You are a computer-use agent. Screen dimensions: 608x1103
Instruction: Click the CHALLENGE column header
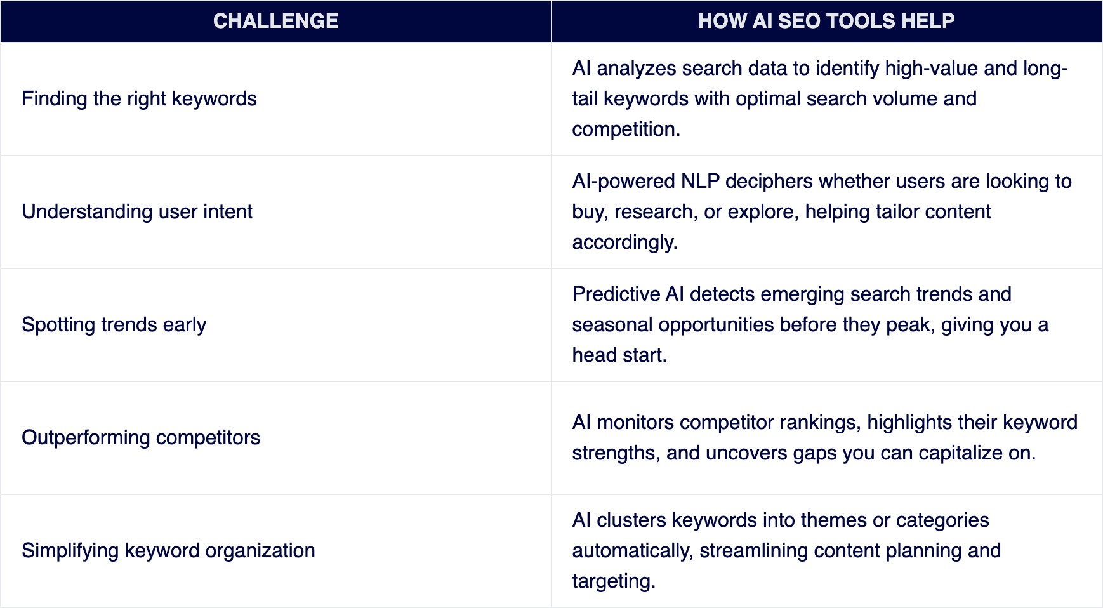[x=275, y=21]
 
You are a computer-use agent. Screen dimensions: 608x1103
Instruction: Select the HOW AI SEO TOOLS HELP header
[x=826, y=21]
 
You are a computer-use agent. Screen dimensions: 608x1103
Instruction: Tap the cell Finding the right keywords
[x=139, y=99]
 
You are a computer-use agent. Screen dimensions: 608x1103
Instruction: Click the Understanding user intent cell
[x=137, y=212]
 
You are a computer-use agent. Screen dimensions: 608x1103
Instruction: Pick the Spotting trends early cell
[x=114, y=325]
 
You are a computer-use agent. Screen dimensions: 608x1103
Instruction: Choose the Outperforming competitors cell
[x=141, y=438]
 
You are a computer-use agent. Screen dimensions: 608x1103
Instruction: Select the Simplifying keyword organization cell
[x=168, y=551]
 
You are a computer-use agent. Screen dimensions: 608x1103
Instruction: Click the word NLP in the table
[x=700, y=182]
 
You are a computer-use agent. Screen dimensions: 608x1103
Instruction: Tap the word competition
[x=624, y=129]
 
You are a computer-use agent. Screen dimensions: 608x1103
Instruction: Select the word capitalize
[x=960, y=453]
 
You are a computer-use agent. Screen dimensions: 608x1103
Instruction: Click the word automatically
[x=632, y=551]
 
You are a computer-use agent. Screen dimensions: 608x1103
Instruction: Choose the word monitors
[x=635, y=423]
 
